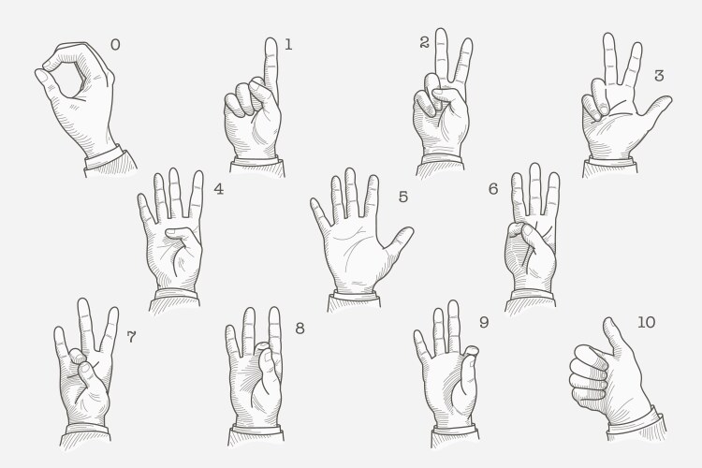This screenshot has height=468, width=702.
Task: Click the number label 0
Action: pyautogui.click(x=115, y=44)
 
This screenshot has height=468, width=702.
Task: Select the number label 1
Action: pyautogui.click(x=288, y=44)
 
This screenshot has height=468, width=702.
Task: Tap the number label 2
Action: pyautogui.click(x=424, y=42)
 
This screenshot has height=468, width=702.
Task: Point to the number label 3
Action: pyautogui.click(x=659, y=76)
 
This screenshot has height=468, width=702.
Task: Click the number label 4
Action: pyautogui.click(x=218, y=188)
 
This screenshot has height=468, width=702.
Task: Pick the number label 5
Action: pyautogui.click(x=403, y=197)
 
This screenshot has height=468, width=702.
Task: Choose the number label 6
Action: pyautogui.click(x=493, y=188)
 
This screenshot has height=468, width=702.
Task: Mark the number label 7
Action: pyautogui.click(x=131, y=336)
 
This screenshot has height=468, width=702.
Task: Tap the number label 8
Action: pyautogui.click(x=300, y=328)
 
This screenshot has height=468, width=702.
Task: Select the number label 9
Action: pyautogui.click(x=483, y=322)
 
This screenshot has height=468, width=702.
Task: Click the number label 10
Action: pyautogui.click(x=646, y=322)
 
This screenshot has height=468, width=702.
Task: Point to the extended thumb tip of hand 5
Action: pyautogui.click(x=407, y=231)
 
